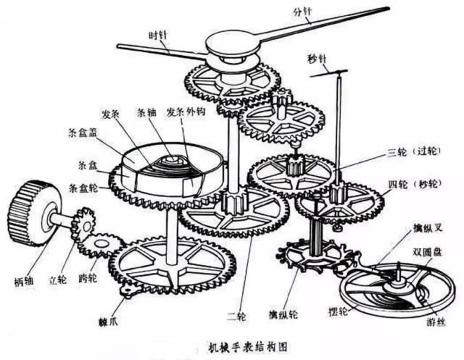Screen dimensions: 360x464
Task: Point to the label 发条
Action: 111,114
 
